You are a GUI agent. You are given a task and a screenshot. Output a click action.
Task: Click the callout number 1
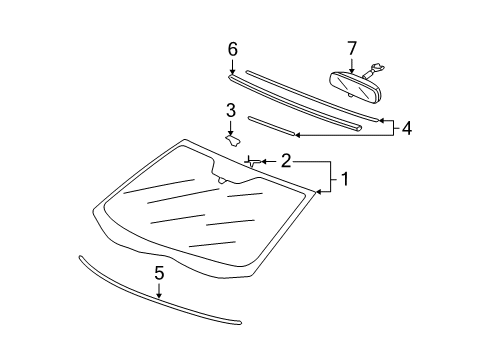345,180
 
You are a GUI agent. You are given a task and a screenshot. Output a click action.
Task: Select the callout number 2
286,160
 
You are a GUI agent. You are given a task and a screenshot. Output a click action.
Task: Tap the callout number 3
230,110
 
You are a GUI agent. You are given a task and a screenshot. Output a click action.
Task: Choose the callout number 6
232,48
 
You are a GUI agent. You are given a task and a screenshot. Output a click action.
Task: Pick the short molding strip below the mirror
270,124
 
